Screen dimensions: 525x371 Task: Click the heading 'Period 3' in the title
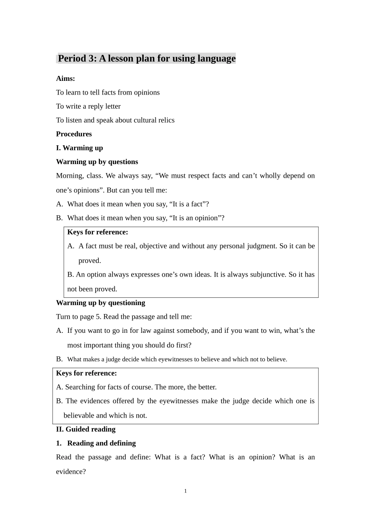click(77, 59)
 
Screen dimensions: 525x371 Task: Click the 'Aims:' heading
click(65, 79)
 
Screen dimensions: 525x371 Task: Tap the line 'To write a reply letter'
click(88, 106)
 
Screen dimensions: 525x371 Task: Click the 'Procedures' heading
click(74, 134)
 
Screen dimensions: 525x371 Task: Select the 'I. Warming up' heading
click(79, 148)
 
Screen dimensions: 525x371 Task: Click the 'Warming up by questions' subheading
click(97, 162)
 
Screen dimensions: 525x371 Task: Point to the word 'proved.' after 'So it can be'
click(89, 261)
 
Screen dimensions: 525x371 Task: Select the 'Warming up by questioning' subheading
click(100, 303)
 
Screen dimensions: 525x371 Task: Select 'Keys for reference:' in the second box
click(86, 373)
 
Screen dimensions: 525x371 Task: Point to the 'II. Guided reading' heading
click(86, 429)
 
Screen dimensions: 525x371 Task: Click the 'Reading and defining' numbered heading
click(101, 443)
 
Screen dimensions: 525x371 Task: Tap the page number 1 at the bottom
click(185, 491)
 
